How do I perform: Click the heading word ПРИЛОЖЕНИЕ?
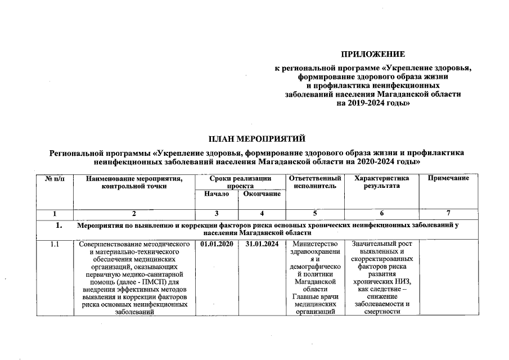pyautogui.click(x=373, y=55)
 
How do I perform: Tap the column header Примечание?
pyautogui.click(x=448, y=178)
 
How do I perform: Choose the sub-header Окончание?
pyautogui.click(x=262, y=194)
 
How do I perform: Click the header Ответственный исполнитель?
pyautogui.click(x=315, y=182)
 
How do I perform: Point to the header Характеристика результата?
pyautogui.click(x=381, y=182)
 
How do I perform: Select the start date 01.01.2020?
pyautogui.click(x=216, y=244)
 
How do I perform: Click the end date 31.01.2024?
pyautogui.click(x=262, y=244)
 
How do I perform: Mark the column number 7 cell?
pyautogui.click(x=448, y=213)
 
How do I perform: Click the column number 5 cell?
pyautogui.click(x=315, y=213)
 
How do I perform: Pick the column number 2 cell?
pyautogui.click(x=134, y=213)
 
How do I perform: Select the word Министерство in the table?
pyautogui.click(x=315, y=244)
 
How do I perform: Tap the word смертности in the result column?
pyautogui.click(x=381, y=313)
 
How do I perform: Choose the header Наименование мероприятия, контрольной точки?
pyautogui.click(x=134, y=182)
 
